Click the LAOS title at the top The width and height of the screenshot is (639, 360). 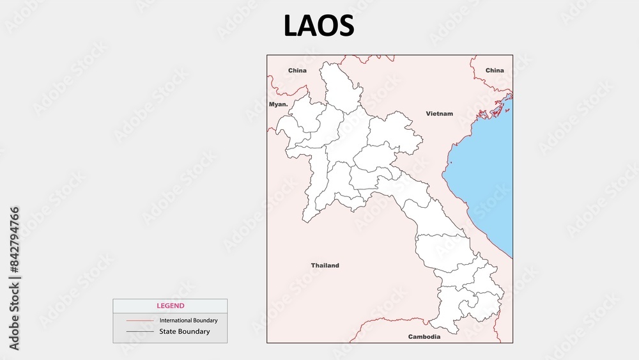point(319,26)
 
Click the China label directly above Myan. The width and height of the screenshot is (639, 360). point(297,70)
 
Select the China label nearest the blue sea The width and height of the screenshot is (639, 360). point(494,70)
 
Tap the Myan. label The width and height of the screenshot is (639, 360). point(278,104)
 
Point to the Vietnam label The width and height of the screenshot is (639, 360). point(439,113)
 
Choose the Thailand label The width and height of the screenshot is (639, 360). point(325,265)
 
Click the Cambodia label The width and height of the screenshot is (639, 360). point(424,336)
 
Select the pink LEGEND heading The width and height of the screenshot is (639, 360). point(170,306)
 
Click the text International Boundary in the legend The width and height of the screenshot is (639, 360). point(189,320)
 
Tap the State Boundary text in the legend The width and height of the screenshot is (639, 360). point(184,331)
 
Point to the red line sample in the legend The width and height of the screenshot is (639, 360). point(140,320)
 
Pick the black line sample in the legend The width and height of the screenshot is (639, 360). point(140,331)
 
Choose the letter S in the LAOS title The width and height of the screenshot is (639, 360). point(346,26)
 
